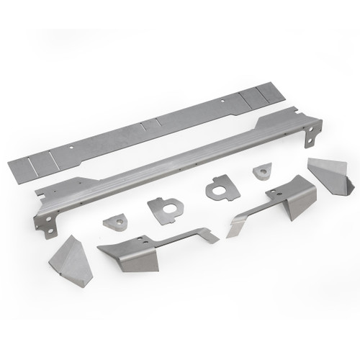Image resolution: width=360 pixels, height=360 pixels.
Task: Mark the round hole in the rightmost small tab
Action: point(263,171)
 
